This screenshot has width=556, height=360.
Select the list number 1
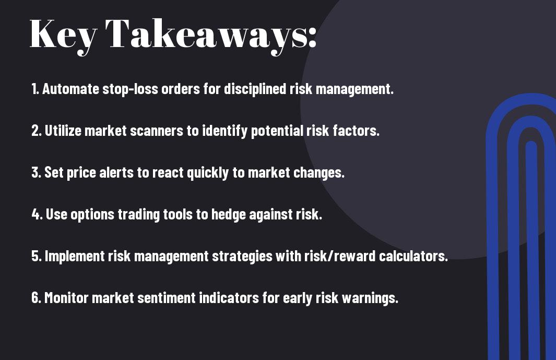[34, 89]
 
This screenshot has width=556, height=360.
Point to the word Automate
[70, 89]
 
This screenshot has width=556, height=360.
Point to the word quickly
[208, 173]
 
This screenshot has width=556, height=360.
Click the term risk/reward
[340, 256]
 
